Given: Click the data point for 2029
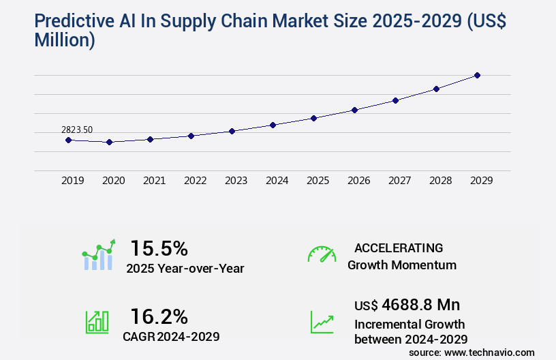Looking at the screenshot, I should [x=477, y=75].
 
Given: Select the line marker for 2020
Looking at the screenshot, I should [x=109, y=142].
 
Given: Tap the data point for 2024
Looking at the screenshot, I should [x=273, y=125].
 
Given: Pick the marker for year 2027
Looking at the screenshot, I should [x=395, y=100].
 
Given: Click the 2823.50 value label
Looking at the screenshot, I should [x=77, y=130].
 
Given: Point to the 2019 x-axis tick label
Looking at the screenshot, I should [x=73, y=181].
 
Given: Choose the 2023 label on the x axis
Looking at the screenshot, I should [x=236, y=181].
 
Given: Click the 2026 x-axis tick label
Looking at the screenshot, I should [x=358, y=181].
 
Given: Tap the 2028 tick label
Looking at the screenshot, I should [x=440, y=181].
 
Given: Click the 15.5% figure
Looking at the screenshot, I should [x=159, y=247].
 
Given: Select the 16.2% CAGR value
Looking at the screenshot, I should [x=159, y=316].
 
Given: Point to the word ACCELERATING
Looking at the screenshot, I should [x=399, y=247].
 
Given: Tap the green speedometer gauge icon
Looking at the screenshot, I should [x=322, y=254].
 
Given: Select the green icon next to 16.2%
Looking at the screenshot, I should [x=97, y=322].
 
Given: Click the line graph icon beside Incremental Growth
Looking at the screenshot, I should [x=322, y=322].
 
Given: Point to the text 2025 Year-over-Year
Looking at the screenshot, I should [x=185, y=269].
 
